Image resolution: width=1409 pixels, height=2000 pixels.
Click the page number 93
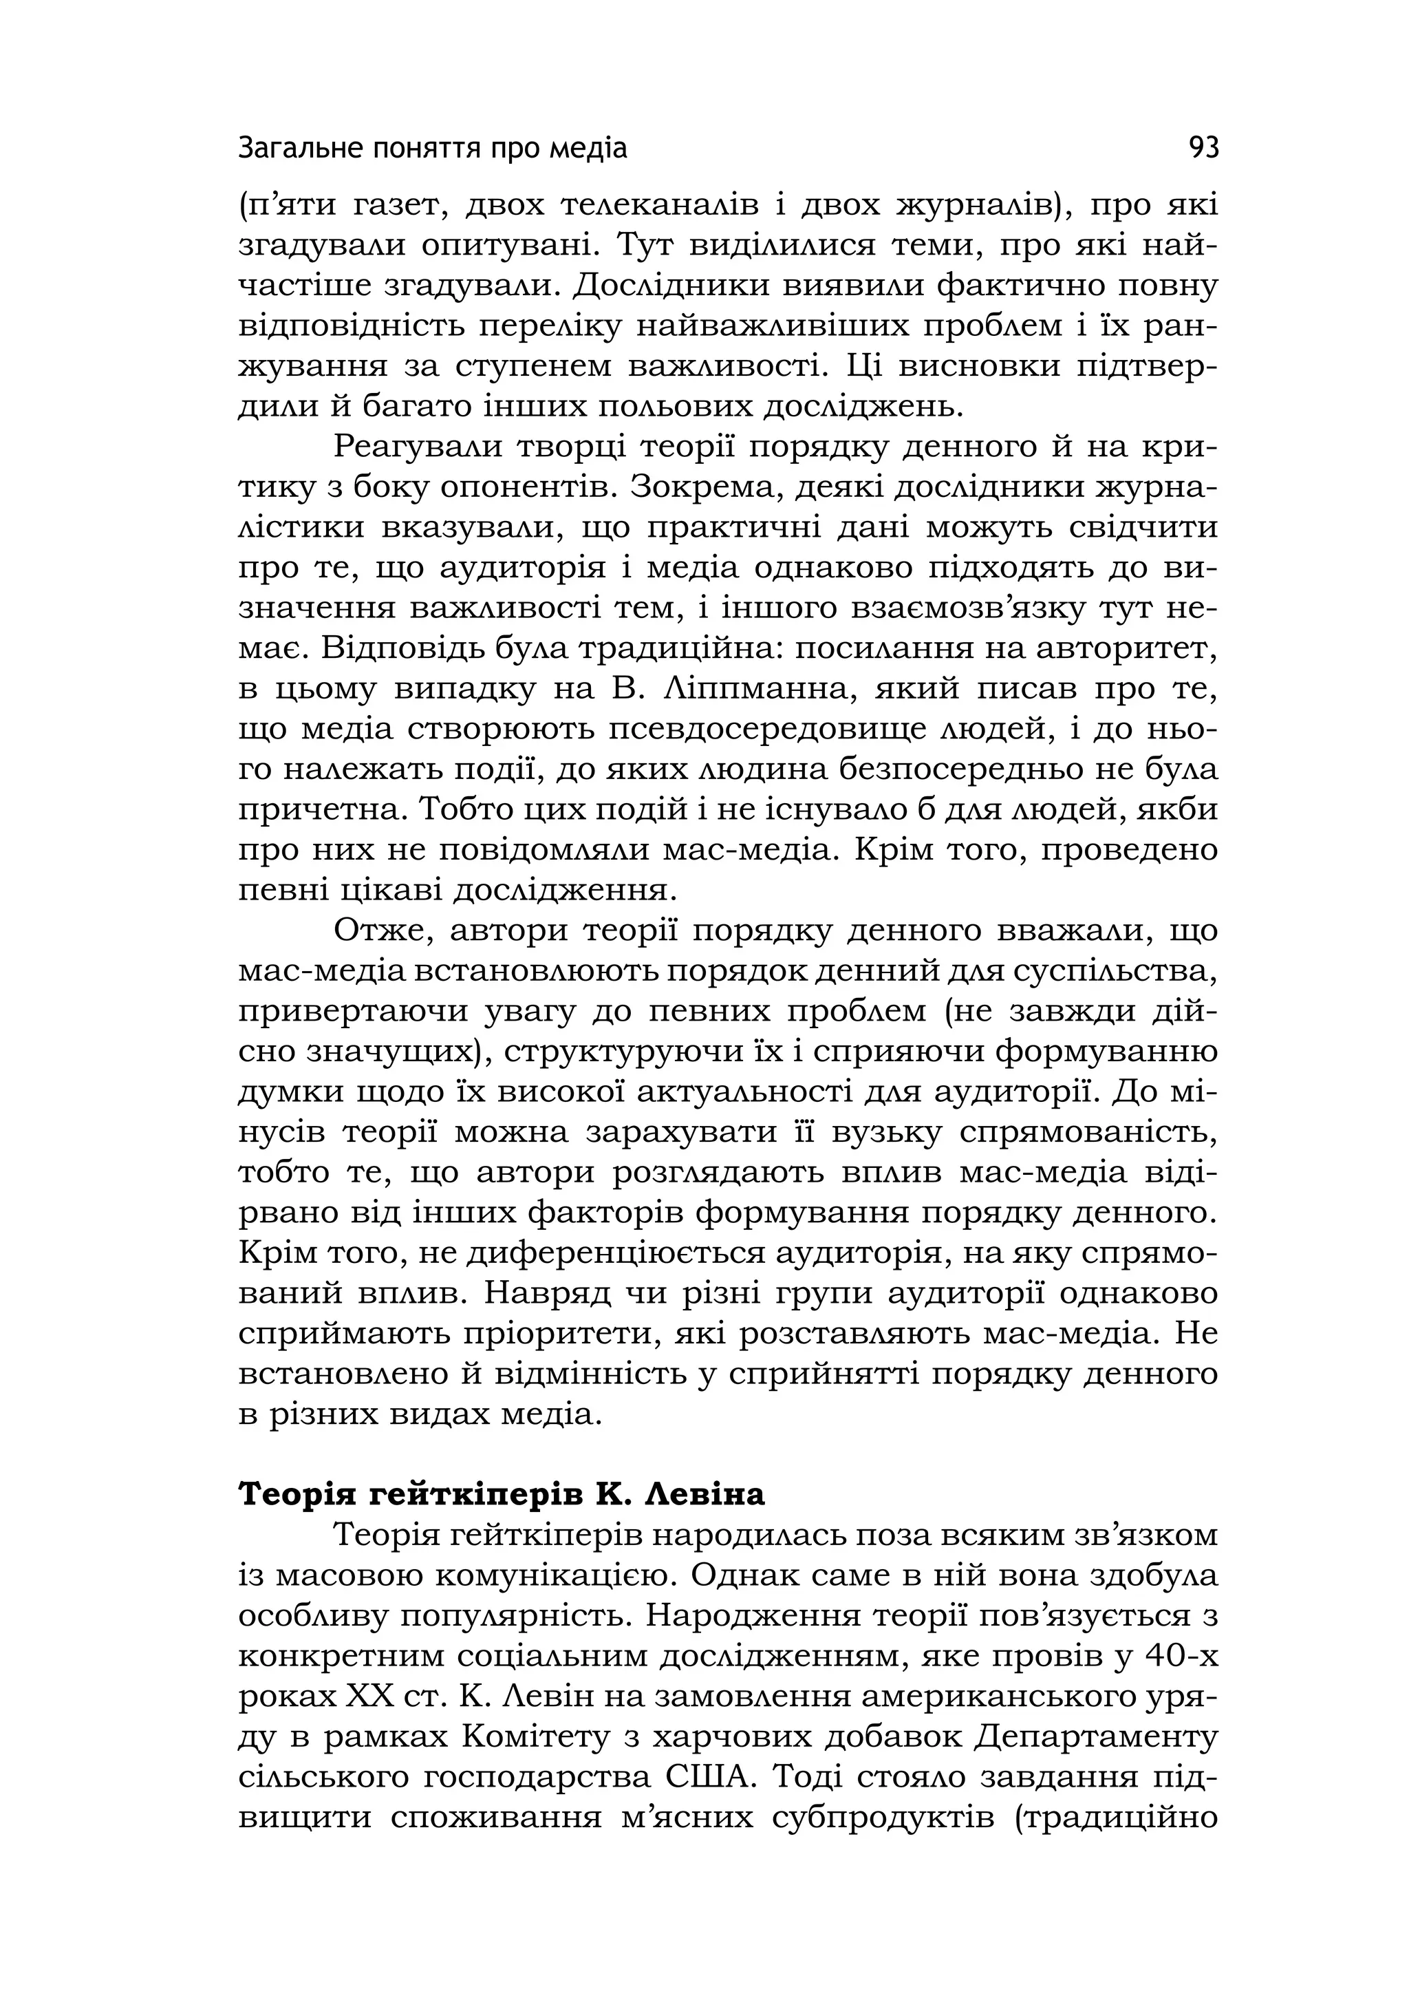pos(1203,148)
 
